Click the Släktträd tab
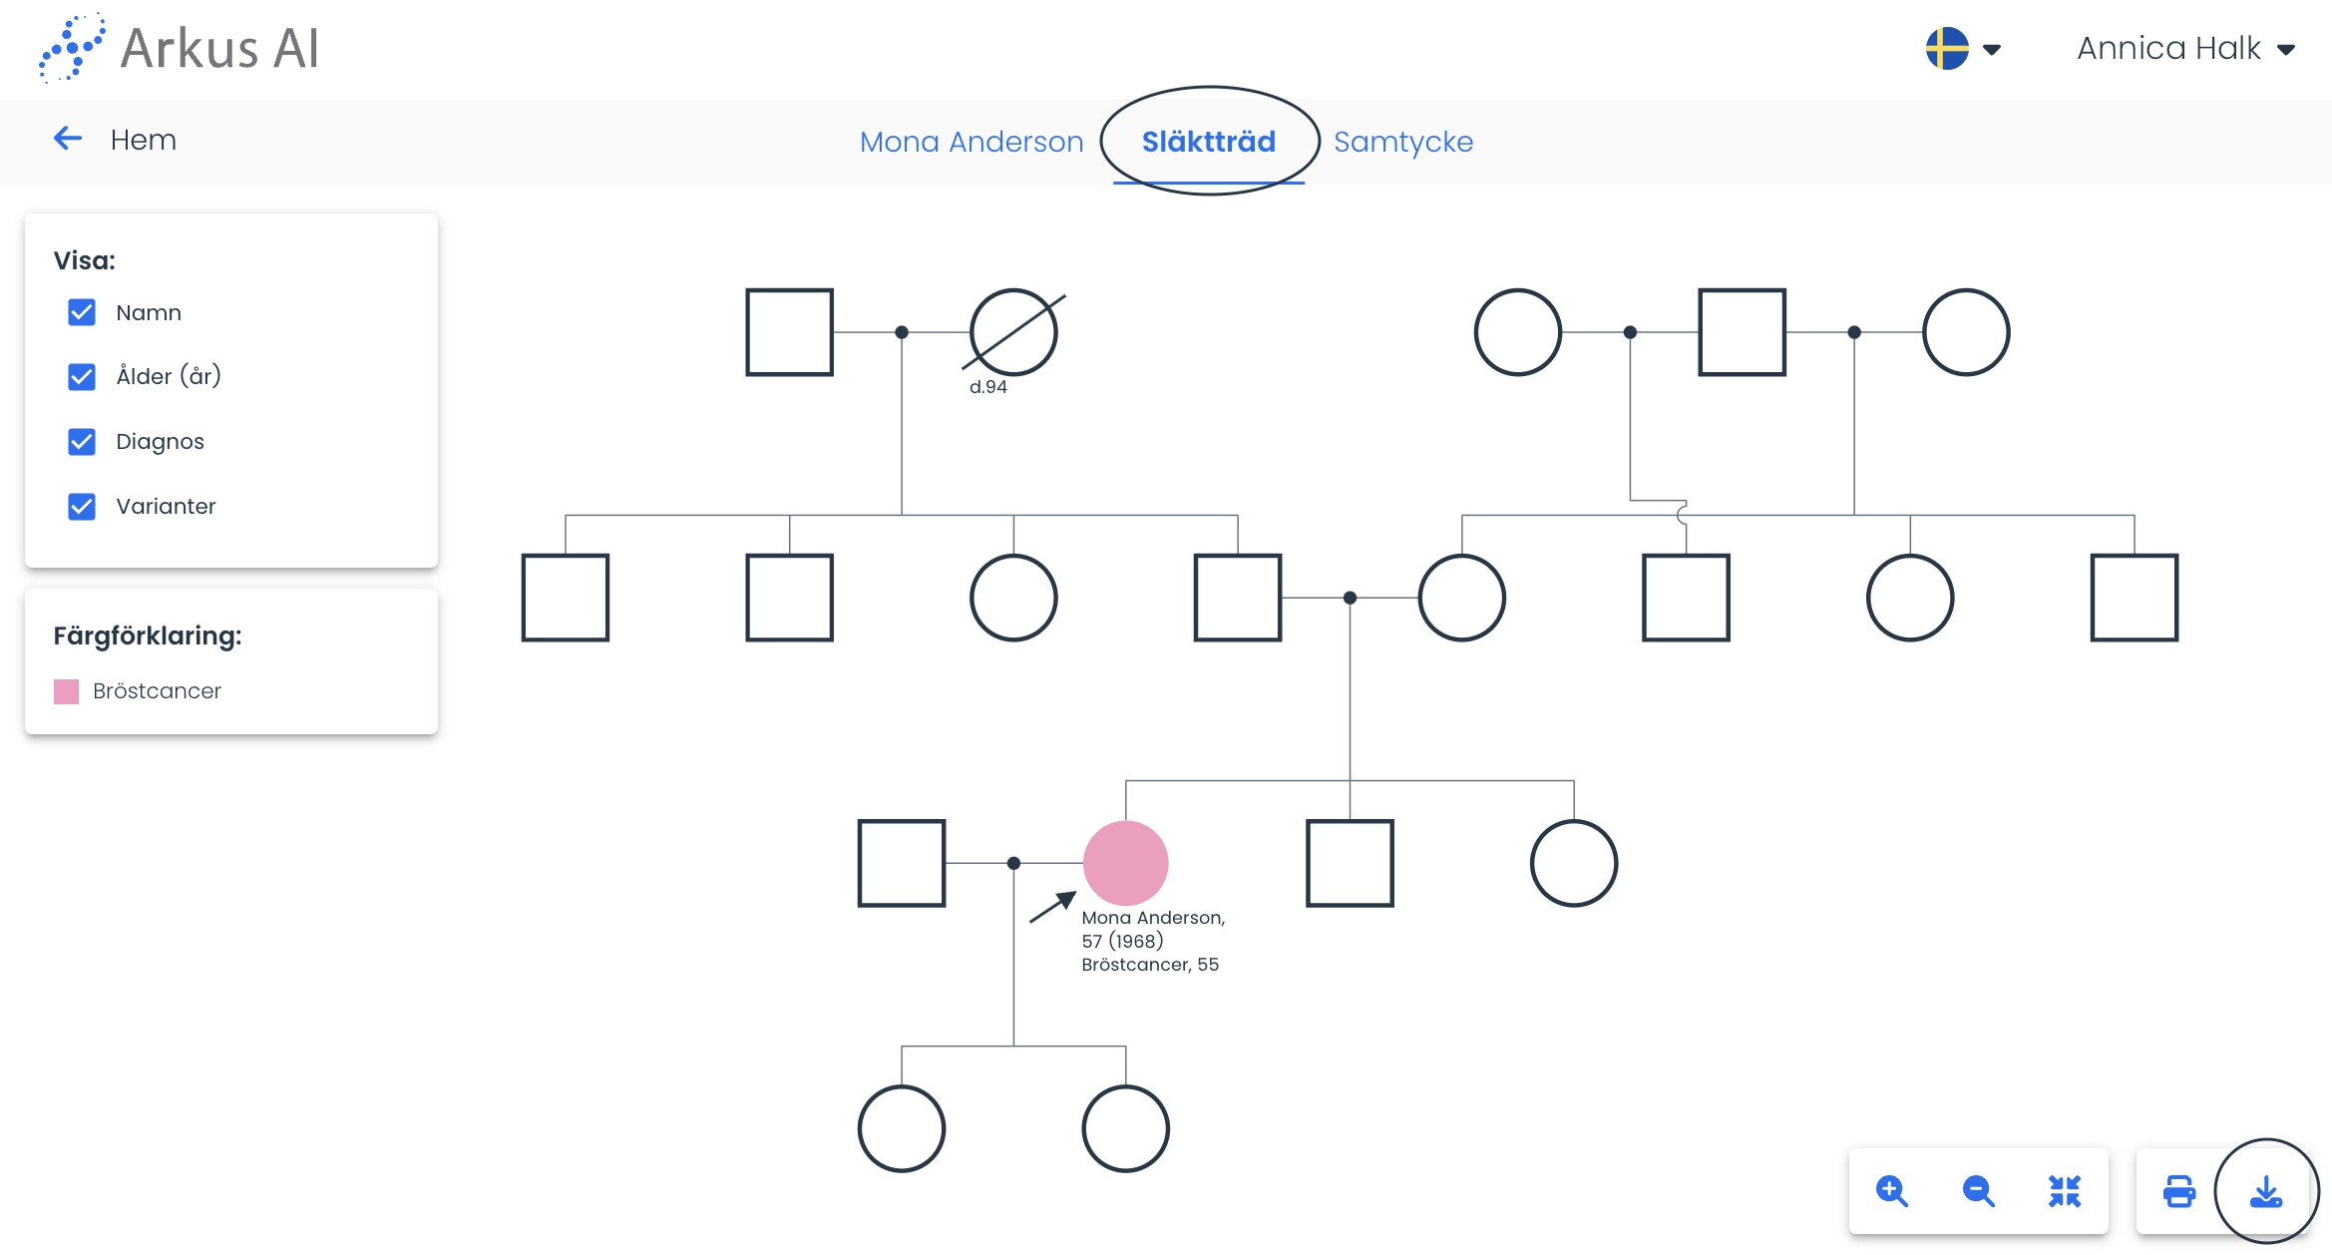(1208, 142)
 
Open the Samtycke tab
(1402, 142)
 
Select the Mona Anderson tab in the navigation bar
(972, 142)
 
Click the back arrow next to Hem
(68, 139)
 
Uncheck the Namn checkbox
(82, 312)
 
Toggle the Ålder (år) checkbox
(82, 376)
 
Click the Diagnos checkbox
(82, 441)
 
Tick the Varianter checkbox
(82, 506)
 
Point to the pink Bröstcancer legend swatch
(66, 691)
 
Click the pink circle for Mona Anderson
(1125, 863)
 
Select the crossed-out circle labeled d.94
(1013, 332)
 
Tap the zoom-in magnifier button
(1891, 1191)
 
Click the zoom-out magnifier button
(1977, 1191)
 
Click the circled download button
(2266, 1191)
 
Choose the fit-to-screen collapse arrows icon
(2064, 1191)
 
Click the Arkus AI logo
(180, 48)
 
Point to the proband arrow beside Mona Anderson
(1052, 907)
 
